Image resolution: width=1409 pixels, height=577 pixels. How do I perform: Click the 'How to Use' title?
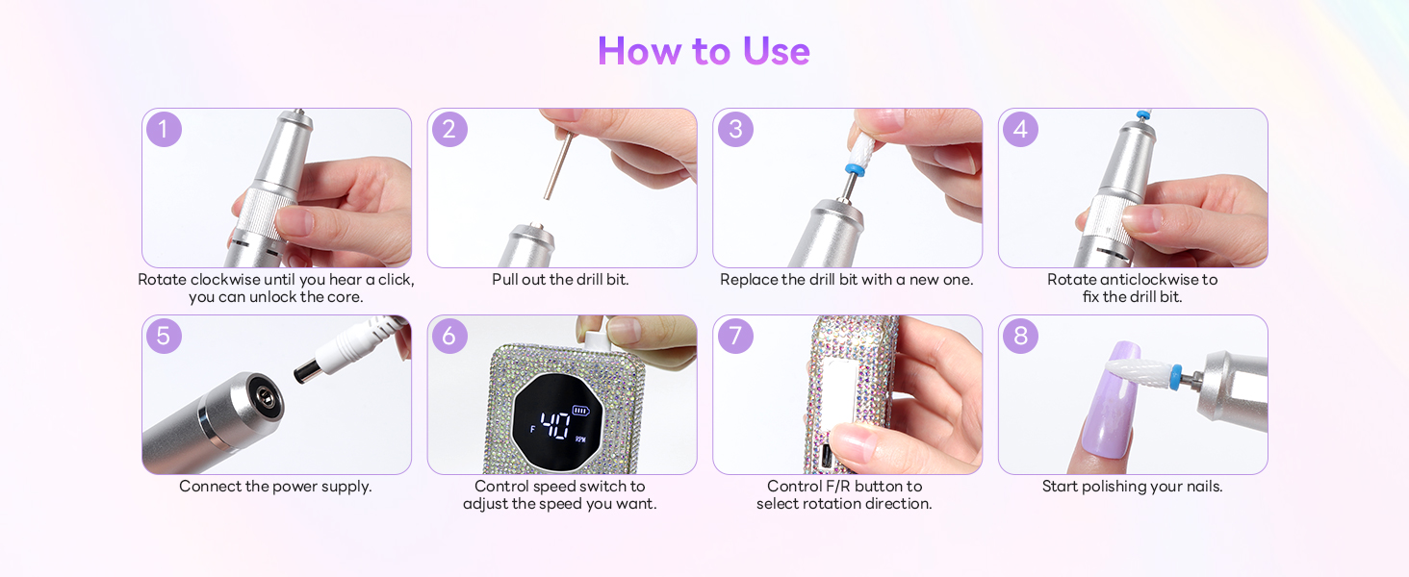(704, 50)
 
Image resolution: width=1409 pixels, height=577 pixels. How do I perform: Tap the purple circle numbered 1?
(165, 129)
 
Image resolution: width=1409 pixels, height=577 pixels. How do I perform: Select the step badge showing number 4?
(1020, 129)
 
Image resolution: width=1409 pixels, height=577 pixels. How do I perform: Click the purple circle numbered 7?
(735, 336)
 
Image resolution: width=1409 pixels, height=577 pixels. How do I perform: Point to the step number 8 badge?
(1020, 336)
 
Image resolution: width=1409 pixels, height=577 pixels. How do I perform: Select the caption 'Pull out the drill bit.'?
(560, 280)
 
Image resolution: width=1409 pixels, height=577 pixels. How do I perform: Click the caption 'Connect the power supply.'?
(275, 487)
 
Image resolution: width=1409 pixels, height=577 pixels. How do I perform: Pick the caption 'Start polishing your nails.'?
(1132, 487)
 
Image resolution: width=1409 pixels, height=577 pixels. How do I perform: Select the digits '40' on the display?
(554, 425)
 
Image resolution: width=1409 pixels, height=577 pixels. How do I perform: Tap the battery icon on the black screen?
(580, 411)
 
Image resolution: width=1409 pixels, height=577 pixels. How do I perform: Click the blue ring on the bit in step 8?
(1175, 377)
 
